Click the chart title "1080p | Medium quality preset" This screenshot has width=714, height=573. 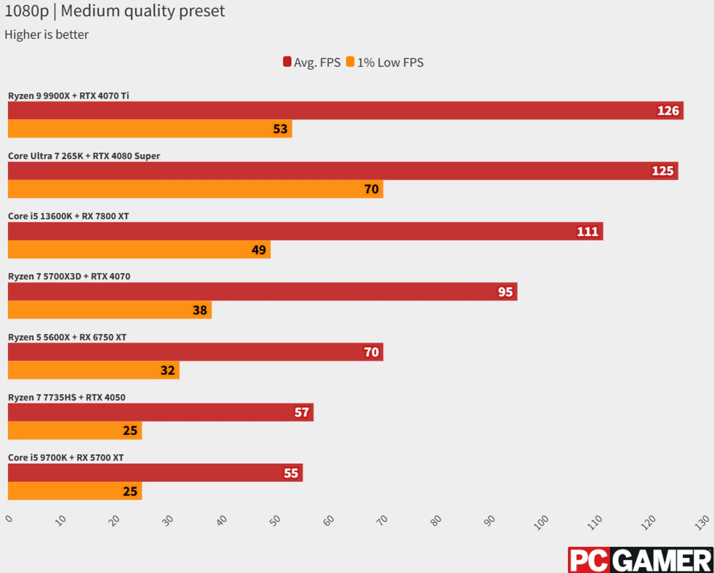114,11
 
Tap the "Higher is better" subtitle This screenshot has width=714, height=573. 46,35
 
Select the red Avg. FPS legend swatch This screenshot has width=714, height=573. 287,62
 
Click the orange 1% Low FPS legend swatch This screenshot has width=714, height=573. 350,62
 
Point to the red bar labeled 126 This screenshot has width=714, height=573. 342,110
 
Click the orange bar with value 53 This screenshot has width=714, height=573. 147,129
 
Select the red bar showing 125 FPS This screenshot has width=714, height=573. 342,171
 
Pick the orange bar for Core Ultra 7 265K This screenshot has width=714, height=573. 196,189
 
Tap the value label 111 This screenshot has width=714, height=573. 587,231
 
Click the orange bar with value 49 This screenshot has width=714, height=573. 137,249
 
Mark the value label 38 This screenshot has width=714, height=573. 200,310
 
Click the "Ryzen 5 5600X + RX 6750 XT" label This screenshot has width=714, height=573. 67,337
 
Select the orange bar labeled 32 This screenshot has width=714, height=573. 93,370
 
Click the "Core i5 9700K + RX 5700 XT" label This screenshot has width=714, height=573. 66,458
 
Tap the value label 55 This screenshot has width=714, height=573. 291,473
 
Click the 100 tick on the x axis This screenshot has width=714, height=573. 541,522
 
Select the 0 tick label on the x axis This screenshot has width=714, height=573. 9,519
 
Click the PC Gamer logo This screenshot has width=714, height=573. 640,560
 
